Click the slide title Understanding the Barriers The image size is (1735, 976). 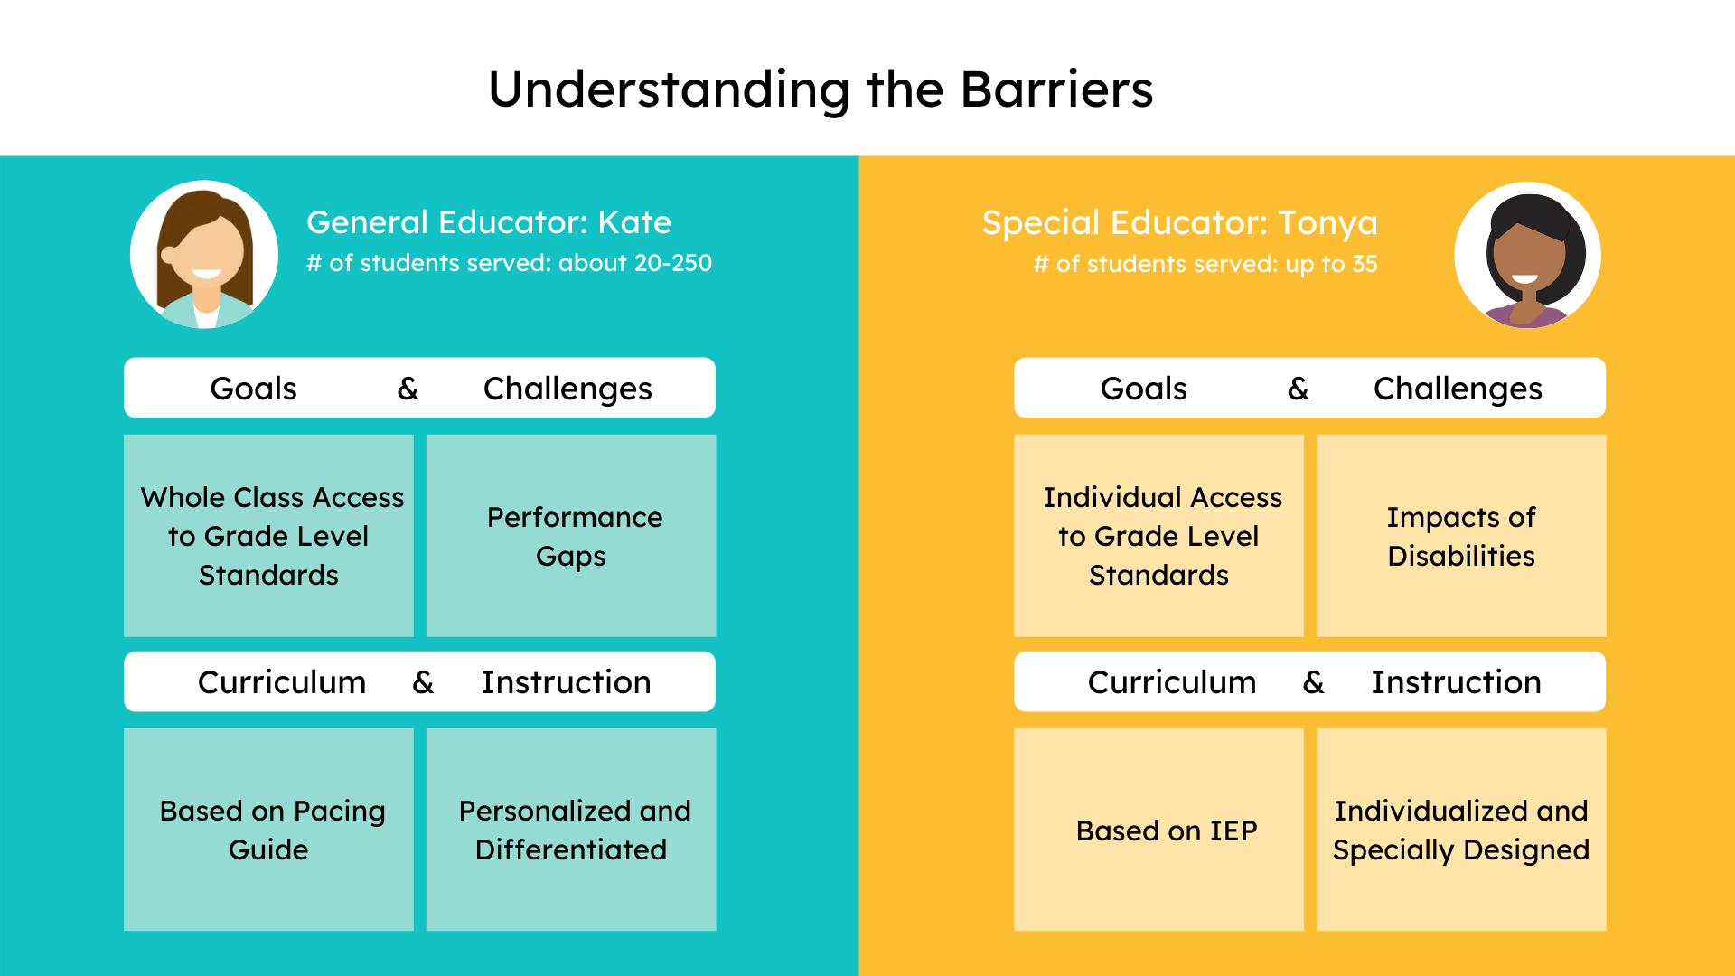[x=821, y=89]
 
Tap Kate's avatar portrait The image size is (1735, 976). [x=204, y=254]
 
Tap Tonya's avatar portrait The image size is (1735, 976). [x=1527, y=255]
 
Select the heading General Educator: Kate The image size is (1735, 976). [x=488, y=222]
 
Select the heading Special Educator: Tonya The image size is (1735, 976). [x=1179, y=222]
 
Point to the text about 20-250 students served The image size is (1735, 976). [x=509, y=263]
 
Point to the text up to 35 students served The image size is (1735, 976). [x=1205, y=264]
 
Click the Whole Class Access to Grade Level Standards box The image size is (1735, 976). [x=268, y=536]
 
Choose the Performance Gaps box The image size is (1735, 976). [x=571, y=536]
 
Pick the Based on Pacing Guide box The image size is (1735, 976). [x=268, y=830]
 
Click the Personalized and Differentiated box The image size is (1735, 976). [x=571, y=830]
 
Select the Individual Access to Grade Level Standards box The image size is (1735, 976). [x=1158, y=536]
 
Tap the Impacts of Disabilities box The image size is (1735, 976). [x=1461, y=536]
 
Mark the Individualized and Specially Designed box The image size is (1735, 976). [x=1461, y=830]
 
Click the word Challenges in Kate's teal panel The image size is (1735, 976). [x=567, y=389]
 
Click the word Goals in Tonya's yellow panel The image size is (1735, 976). [x=1143, y=389]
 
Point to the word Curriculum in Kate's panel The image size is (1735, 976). [x=282, y=682]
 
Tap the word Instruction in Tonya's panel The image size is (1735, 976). [x=1456, y=682]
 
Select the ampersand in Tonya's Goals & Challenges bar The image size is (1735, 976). [x=1298, y=389]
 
